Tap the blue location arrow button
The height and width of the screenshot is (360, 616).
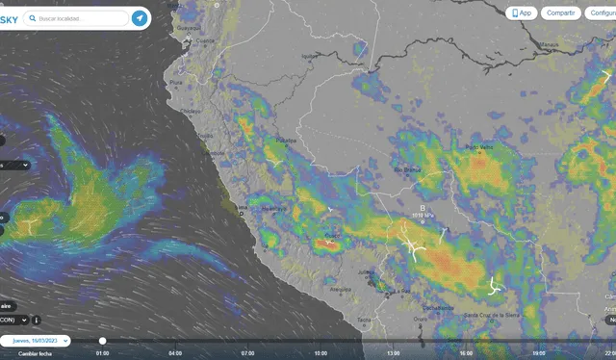(140, 18)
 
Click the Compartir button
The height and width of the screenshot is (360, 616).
(559, 13)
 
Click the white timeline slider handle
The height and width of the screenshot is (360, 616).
(103, 341)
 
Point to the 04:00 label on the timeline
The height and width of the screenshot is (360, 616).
(175, 353)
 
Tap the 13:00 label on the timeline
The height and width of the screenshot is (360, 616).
(394, 353)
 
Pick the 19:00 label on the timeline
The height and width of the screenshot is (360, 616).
(539, 353)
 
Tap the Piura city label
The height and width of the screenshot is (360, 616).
(175, 83)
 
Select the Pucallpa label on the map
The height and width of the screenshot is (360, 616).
(287, 141)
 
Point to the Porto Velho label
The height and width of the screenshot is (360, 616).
(479, 147)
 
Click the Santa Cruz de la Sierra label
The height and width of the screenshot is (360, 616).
(492, 315)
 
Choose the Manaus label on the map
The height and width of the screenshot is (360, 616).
(550, 44)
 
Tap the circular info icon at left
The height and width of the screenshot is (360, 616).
(36, 320)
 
